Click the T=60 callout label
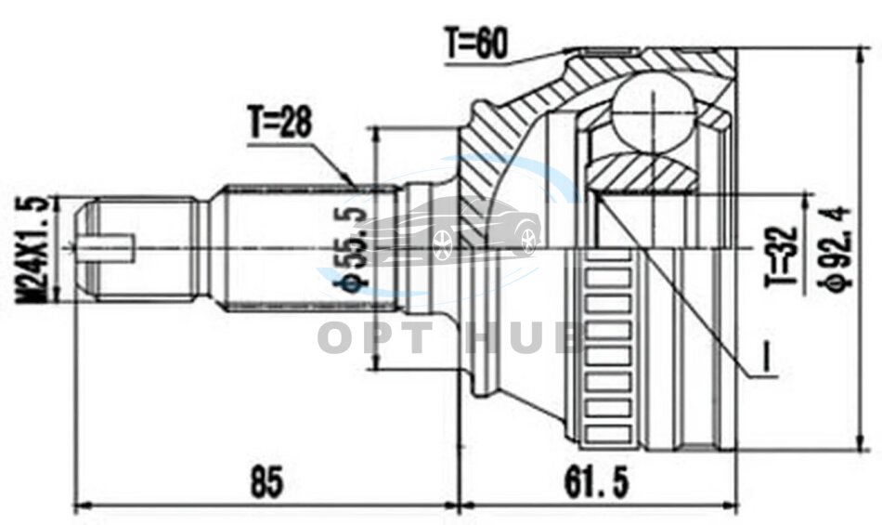[476, 44]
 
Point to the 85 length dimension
[266, 482]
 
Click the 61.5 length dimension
[597, 482]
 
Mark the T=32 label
[784, 256]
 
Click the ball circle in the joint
[653, 112]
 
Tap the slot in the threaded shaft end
[107, 247]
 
